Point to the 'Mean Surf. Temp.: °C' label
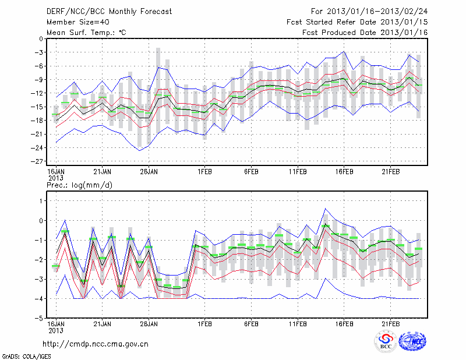(86, 33)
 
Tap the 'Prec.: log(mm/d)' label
(81, 185)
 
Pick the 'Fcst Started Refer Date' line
(358, 22)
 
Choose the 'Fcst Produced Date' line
(366, 33)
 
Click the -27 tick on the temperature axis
(39, 161)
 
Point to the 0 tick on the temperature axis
(41, 39)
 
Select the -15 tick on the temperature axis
(39, 107)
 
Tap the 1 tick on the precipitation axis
(41, 200)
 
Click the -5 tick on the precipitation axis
(39, 318)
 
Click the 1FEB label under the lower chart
(204, 324)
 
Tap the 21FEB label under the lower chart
(391, 324)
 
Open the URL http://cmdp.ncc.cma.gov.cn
(96, 344)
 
